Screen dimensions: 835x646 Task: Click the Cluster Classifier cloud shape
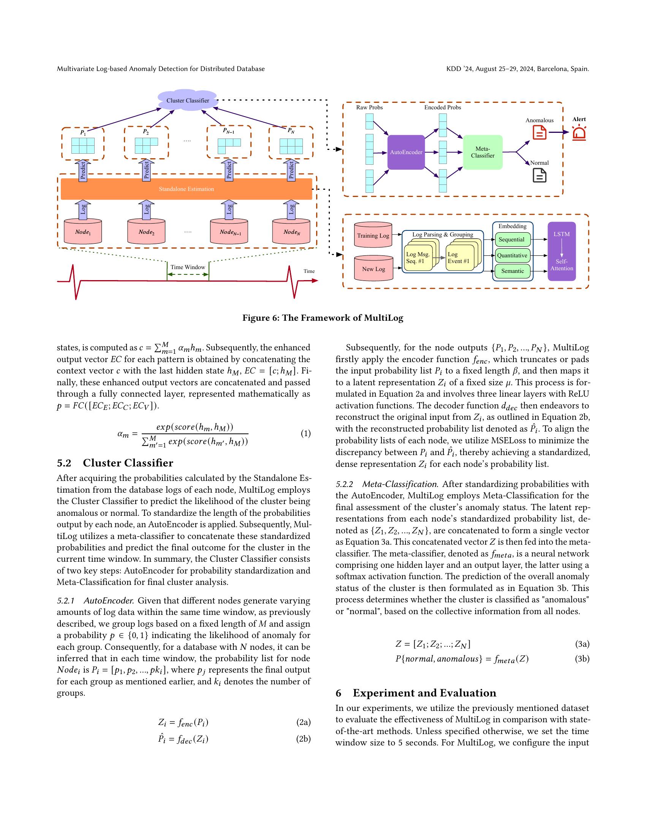point(187,101)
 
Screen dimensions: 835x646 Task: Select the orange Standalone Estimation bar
point(186,189)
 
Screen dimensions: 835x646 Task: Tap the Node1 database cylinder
point(83,232)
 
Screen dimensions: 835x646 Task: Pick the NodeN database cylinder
point(291,232)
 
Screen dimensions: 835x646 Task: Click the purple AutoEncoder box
point(406,152)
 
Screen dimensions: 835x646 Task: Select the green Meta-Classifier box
point(482,152)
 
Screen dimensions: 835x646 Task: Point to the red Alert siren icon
point(579,133)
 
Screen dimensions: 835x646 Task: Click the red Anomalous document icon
point(539,132)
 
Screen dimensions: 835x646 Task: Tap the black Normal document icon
point(539,175)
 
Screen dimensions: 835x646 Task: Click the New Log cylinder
point(374,269)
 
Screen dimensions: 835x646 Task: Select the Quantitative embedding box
point(512,255)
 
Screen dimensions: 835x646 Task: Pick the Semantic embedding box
point(512,271)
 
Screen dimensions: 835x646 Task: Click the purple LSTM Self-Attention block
point(561,251)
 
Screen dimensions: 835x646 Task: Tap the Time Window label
point(187,267)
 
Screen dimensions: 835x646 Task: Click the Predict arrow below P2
point(146,170)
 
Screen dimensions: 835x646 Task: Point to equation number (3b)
point(582,659)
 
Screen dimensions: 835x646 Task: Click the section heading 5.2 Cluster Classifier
point(115,463)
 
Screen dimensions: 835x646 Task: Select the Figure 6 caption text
point(323,318)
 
